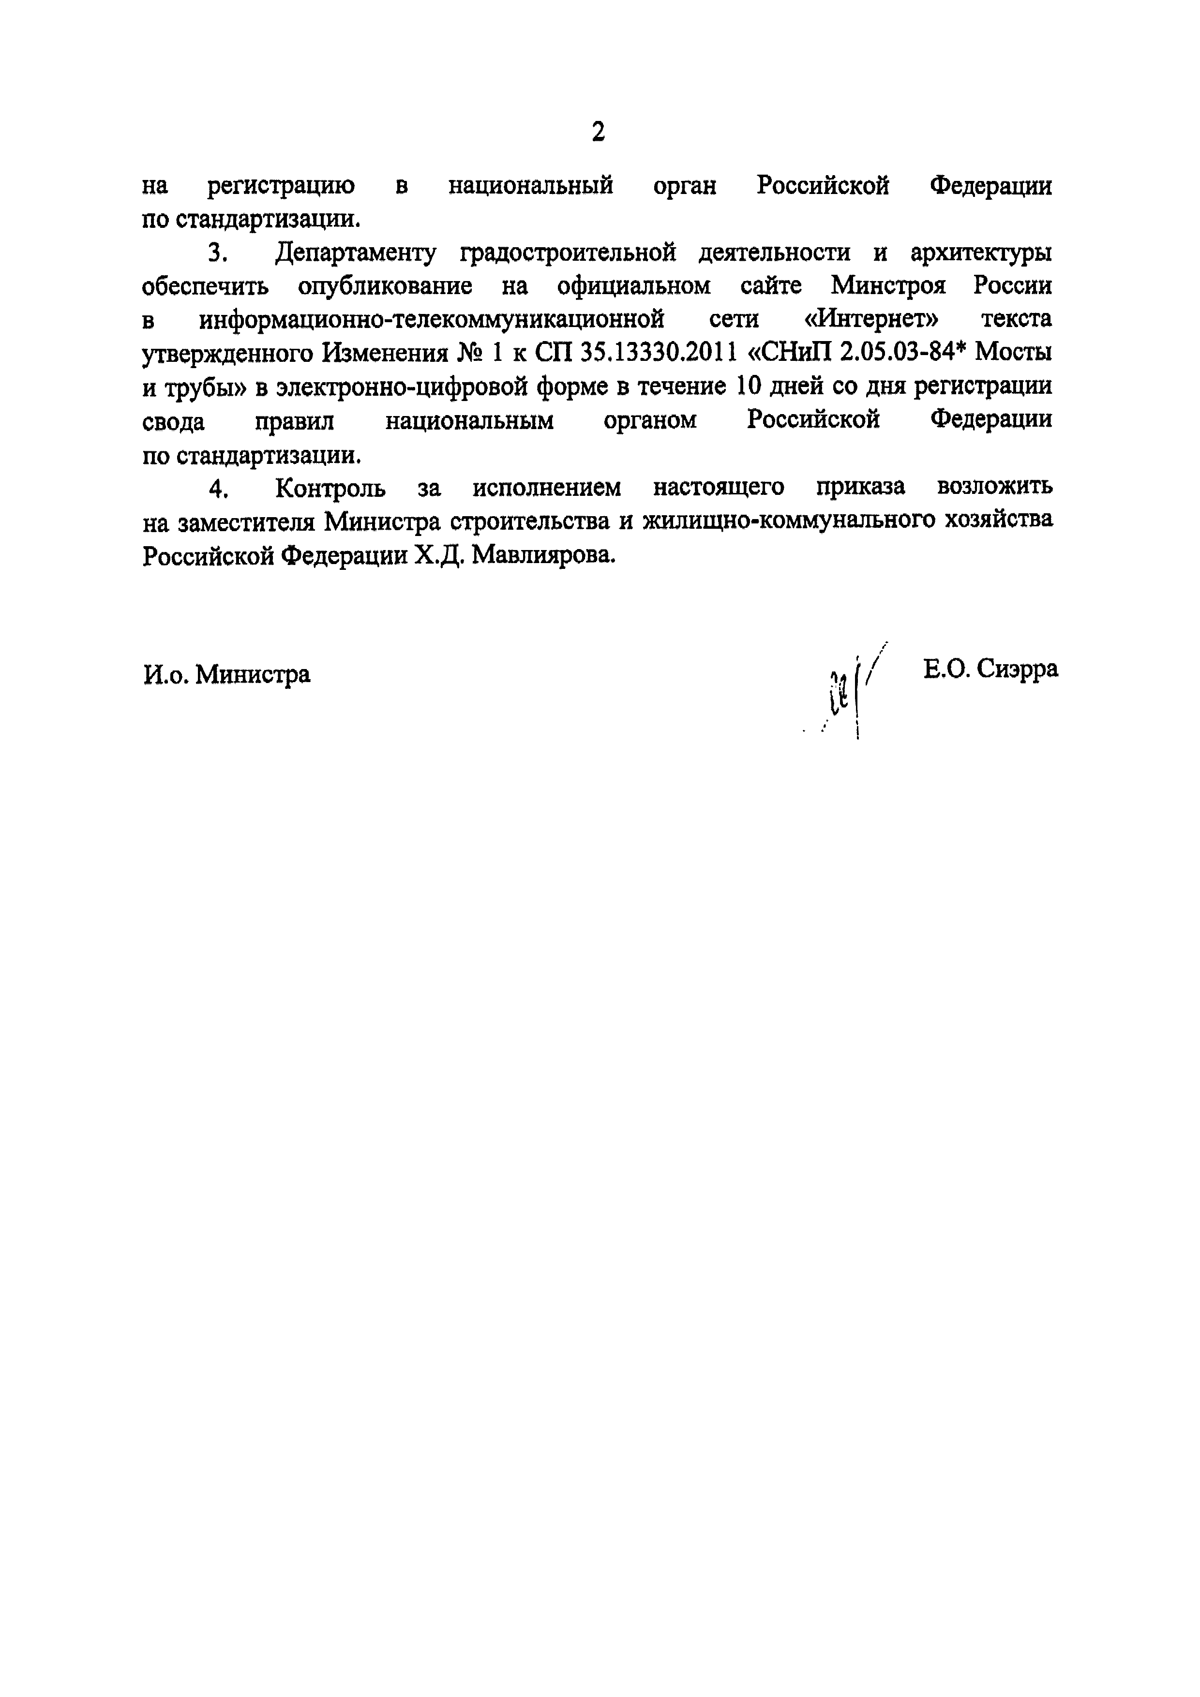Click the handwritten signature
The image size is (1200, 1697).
[850, 691]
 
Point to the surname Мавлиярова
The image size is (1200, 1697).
[543, 554]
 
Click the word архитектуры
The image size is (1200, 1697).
[981, 253]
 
